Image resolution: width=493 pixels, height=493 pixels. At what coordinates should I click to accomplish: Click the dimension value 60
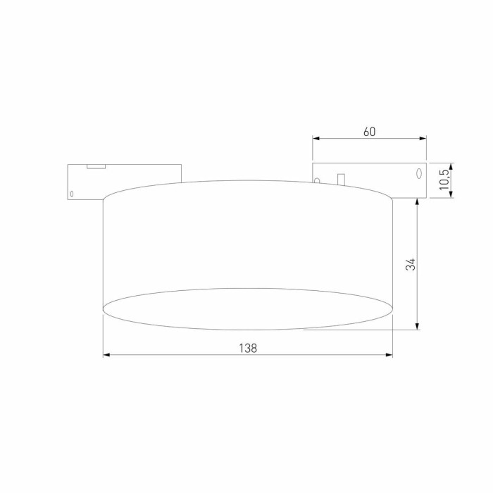click(x=370, y=132)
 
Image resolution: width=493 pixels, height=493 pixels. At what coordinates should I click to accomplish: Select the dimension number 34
click(x=411, y=264)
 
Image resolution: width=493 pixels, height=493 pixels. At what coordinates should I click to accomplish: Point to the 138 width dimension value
click(x=247, y=347)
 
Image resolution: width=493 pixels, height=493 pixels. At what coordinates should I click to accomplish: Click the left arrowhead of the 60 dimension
click(x=316, y=139)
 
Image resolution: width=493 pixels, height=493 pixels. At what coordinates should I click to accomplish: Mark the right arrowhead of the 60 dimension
click(x=423, y=139)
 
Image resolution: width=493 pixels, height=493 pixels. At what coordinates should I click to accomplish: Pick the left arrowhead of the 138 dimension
click(x=107, y=355)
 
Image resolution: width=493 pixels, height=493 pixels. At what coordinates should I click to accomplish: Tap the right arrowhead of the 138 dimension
click(x=389, y=355)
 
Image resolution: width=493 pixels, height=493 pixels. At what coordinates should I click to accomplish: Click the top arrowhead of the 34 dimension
click(x=418, y=201)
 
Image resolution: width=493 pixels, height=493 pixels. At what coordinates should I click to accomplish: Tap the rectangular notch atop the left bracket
click(x=96, y=166)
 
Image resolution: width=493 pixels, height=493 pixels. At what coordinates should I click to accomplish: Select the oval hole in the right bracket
click(x=418, y=173)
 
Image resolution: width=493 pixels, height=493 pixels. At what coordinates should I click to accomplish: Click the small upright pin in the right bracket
click(x=341, y=180)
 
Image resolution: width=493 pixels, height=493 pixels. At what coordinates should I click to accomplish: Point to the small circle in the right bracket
click(x=317, y=180)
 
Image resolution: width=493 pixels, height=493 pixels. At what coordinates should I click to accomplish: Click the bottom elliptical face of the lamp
click(x=247, y=308)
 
